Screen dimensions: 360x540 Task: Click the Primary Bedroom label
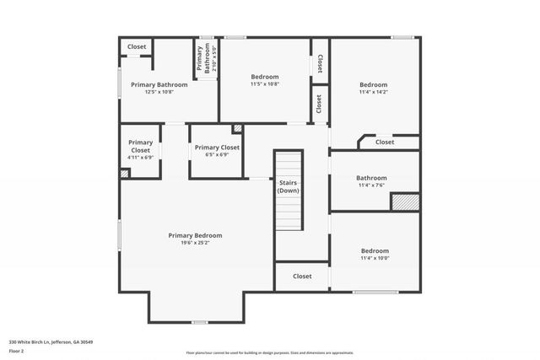pos(195,235)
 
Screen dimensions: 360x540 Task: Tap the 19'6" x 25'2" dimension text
pos(195,243)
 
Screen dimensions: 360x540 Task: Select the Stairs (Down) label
pos(289,186)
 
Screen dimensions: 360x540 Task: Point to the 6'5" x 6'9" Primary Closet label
pos(217,151)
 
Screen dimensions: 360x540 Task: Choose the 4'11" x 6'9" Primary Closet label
pos(141,149)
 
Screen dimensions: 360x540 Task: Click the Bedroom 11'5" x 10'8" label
pos(264,80)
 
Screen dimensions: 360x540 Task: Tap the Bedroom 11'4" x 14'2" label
pos(373,89)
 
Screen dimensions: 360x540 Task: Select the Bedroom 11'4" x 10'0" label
pos(375,254)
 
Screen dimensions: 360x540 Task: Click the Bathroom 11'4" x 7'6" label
pos(371,181)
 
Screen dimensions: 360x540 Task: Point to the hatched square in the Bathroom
pos(405,202)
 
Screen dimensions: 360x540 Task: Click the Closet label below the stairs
pos(302,277)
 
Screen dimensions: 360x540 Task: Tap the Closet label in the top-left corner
pos(137,47)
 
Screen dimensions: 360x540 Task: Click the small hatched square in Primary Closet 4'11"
pos(125,174)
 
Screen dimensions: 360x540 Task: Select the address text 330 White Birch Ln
pos(51,341)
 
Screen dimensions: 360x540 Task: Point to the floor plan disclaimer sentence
pos(270,352)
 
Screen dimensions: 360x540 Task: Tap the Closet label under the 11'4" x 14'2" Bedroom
pos(384,142)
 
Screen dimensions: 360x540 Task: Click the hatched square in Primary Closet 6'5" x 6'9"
pos(237,129)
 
